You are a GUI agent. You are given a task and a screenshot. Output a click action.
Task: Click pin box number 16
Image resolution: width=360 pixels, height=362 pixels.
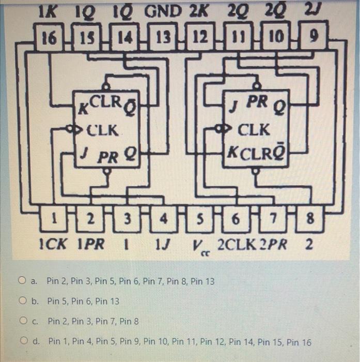pyautogui.click(x=49, y=36)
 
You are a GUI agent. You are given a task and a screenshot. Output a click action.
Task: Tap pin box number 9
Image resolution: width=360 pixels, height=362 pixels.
pyautogui.click(x=313, y=36)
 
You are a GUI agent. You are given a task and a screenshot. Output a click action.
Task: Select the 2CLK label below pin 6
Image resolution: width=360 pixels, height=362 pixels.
pyautogui.click(x=237, y=244)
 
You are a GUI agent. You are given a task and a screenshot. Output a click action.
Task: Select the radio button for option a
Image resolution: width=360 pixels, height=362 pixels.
pyautogui.click(x=22, y=281)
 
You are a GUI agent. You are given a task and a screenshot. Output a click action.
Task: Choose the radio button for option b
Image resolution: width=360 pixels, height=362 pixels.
pyautogui.click(x=22, y=300)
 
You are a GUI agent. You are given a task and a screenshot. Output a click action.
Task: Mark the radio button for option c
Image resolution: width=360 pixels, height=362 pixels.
pyautogui.click(x=22, y=321)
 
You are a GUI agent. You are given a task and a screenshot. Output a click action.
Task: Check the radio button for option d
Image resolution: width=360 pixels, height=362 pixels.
pyautogui.click(x=22, y=341)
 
